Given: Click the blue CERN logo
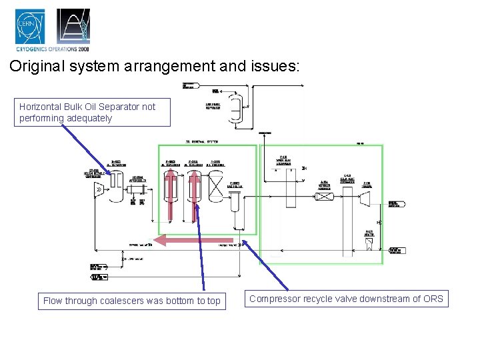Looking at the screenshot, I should pyautogui.click(x=30, y=26).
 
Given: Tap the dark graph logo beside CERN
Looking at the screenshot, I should pyautogui.click(x=73, y=26).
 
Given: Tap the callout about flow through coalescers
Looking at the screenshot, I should pyautogui.click(x=131, y=301).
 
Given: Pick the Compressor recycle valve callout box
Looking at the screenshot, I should pyautogui.click(x=345, y=299).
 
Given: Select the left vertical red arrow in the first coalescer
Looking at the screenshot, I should pyautogui.click(x=171, y=194).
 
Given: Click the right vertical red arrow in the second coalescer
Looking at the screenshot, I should pyautogui.click(x=195, y=194).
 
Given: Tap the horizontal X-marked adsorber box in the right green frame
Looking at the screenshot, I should pyautogui.click(x=325, y=196).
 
